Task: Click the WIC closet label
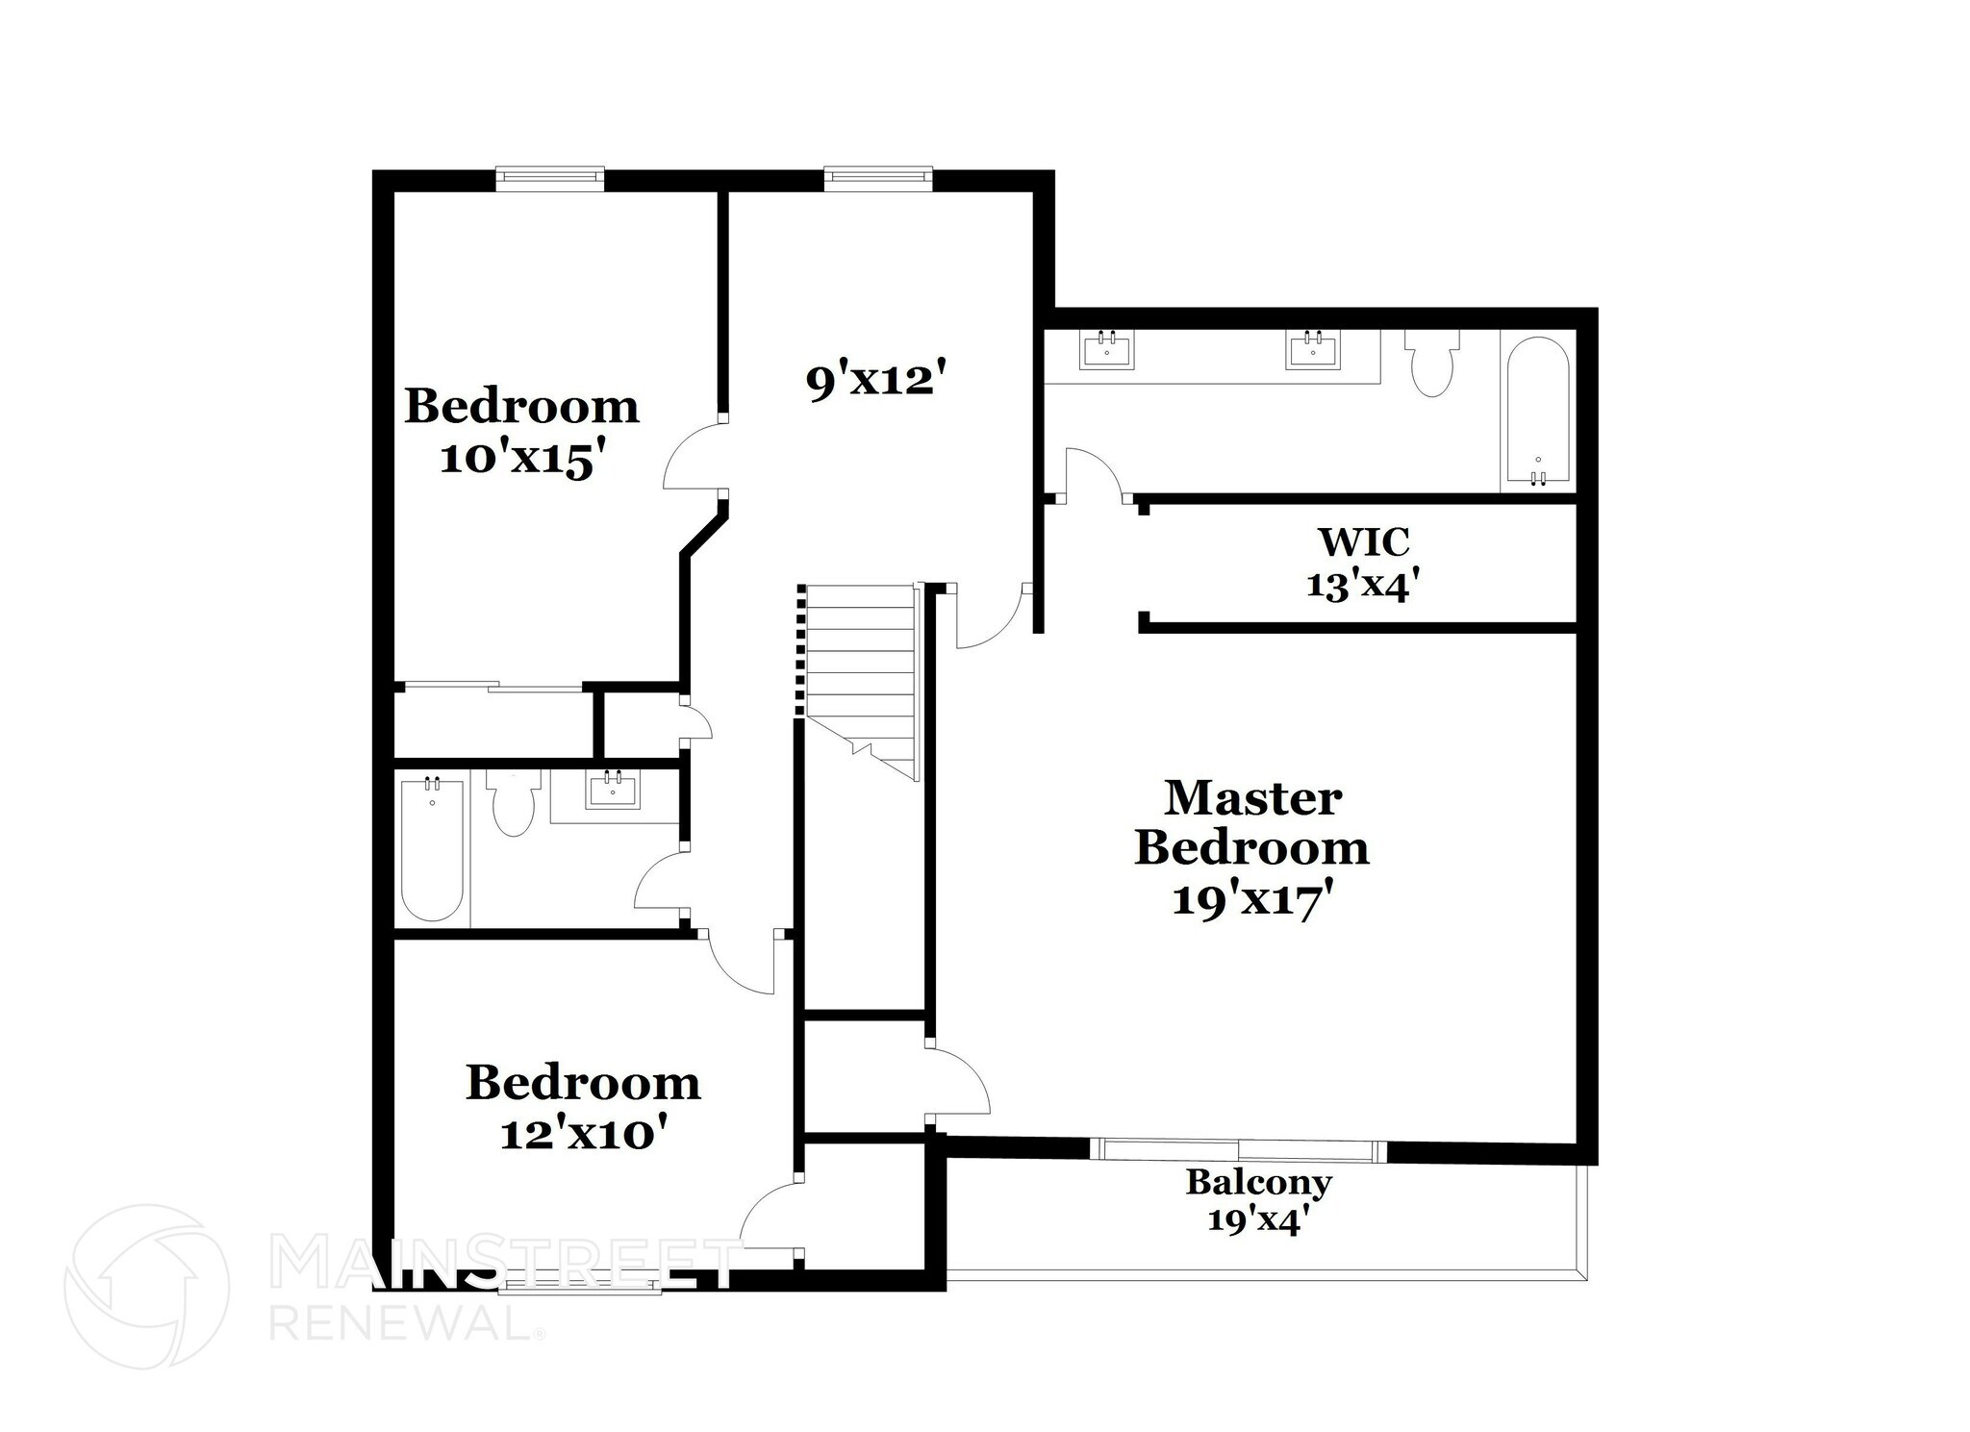pyautogui.click(x=1363, y=542)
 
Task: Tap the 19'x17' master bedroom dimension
pyautogui.click(x=1251, y=901)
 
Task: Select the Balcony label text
pyautogui.click(x=1258, y=1182)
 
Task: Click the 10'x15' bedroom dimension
pyautogui.click(x=527, y=460)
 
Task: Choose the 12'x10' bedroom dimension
pyautogui.click(x=584, y=1135)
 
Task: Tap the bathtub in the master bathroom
pyautogui.click(x=1538, y=412)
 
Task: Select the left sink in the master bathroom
pyautogui.click(x=1107, y=349)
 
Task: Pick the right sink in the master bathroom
pyautogui.click(x=1312, y=349)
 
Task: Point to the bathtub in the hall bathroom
pyautogui.click(x=432, y=849)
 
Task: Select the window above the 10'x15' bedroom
pyautogui.click(x=550, y=177)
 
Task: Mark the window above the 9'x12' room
pyautogui.click(x=878, y=177)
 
